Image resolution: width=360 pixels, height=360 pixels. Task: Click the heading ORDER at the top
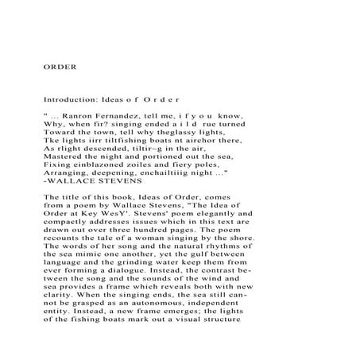[x=60, y=67]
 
